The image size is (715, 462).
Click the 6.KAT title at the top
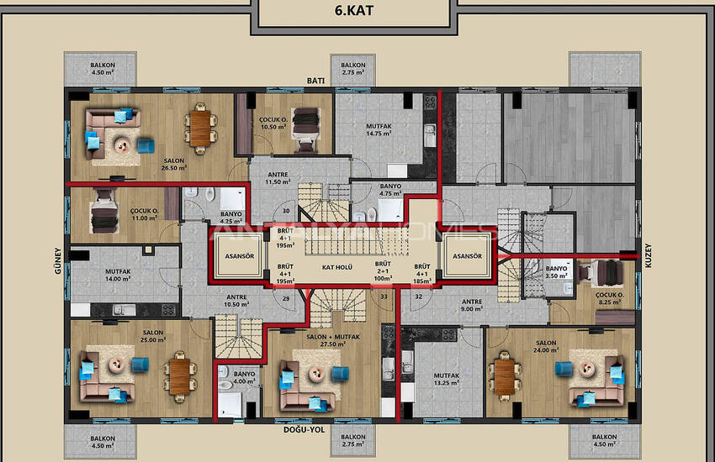point(357,13)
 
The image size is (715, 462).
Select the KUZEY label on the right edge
point(648,260)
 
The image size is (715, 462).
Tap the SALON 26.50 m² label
point(151,163)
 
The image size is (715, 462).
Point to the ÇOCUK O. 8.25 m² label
point(608,299)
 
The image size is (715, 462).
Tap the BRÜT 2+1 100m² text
point(383,270)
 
